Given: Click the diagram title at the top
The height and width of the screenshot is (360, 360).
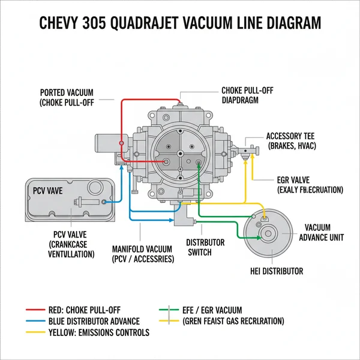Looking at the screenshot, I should pos(180,23).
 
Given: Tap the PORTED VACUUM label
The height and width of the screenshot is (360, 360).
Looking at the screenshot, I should pos(68,97).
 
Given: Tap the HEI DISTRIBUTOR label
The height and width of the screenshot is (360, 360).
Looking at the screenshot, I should pos(276,271).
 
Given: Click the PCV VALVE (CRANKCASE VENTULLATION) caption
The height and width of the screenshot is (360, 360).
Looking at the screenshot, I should pos(71,244).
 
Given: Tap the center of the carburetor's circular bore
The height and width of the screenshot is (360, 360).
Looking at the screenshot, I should pos(179,152).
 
